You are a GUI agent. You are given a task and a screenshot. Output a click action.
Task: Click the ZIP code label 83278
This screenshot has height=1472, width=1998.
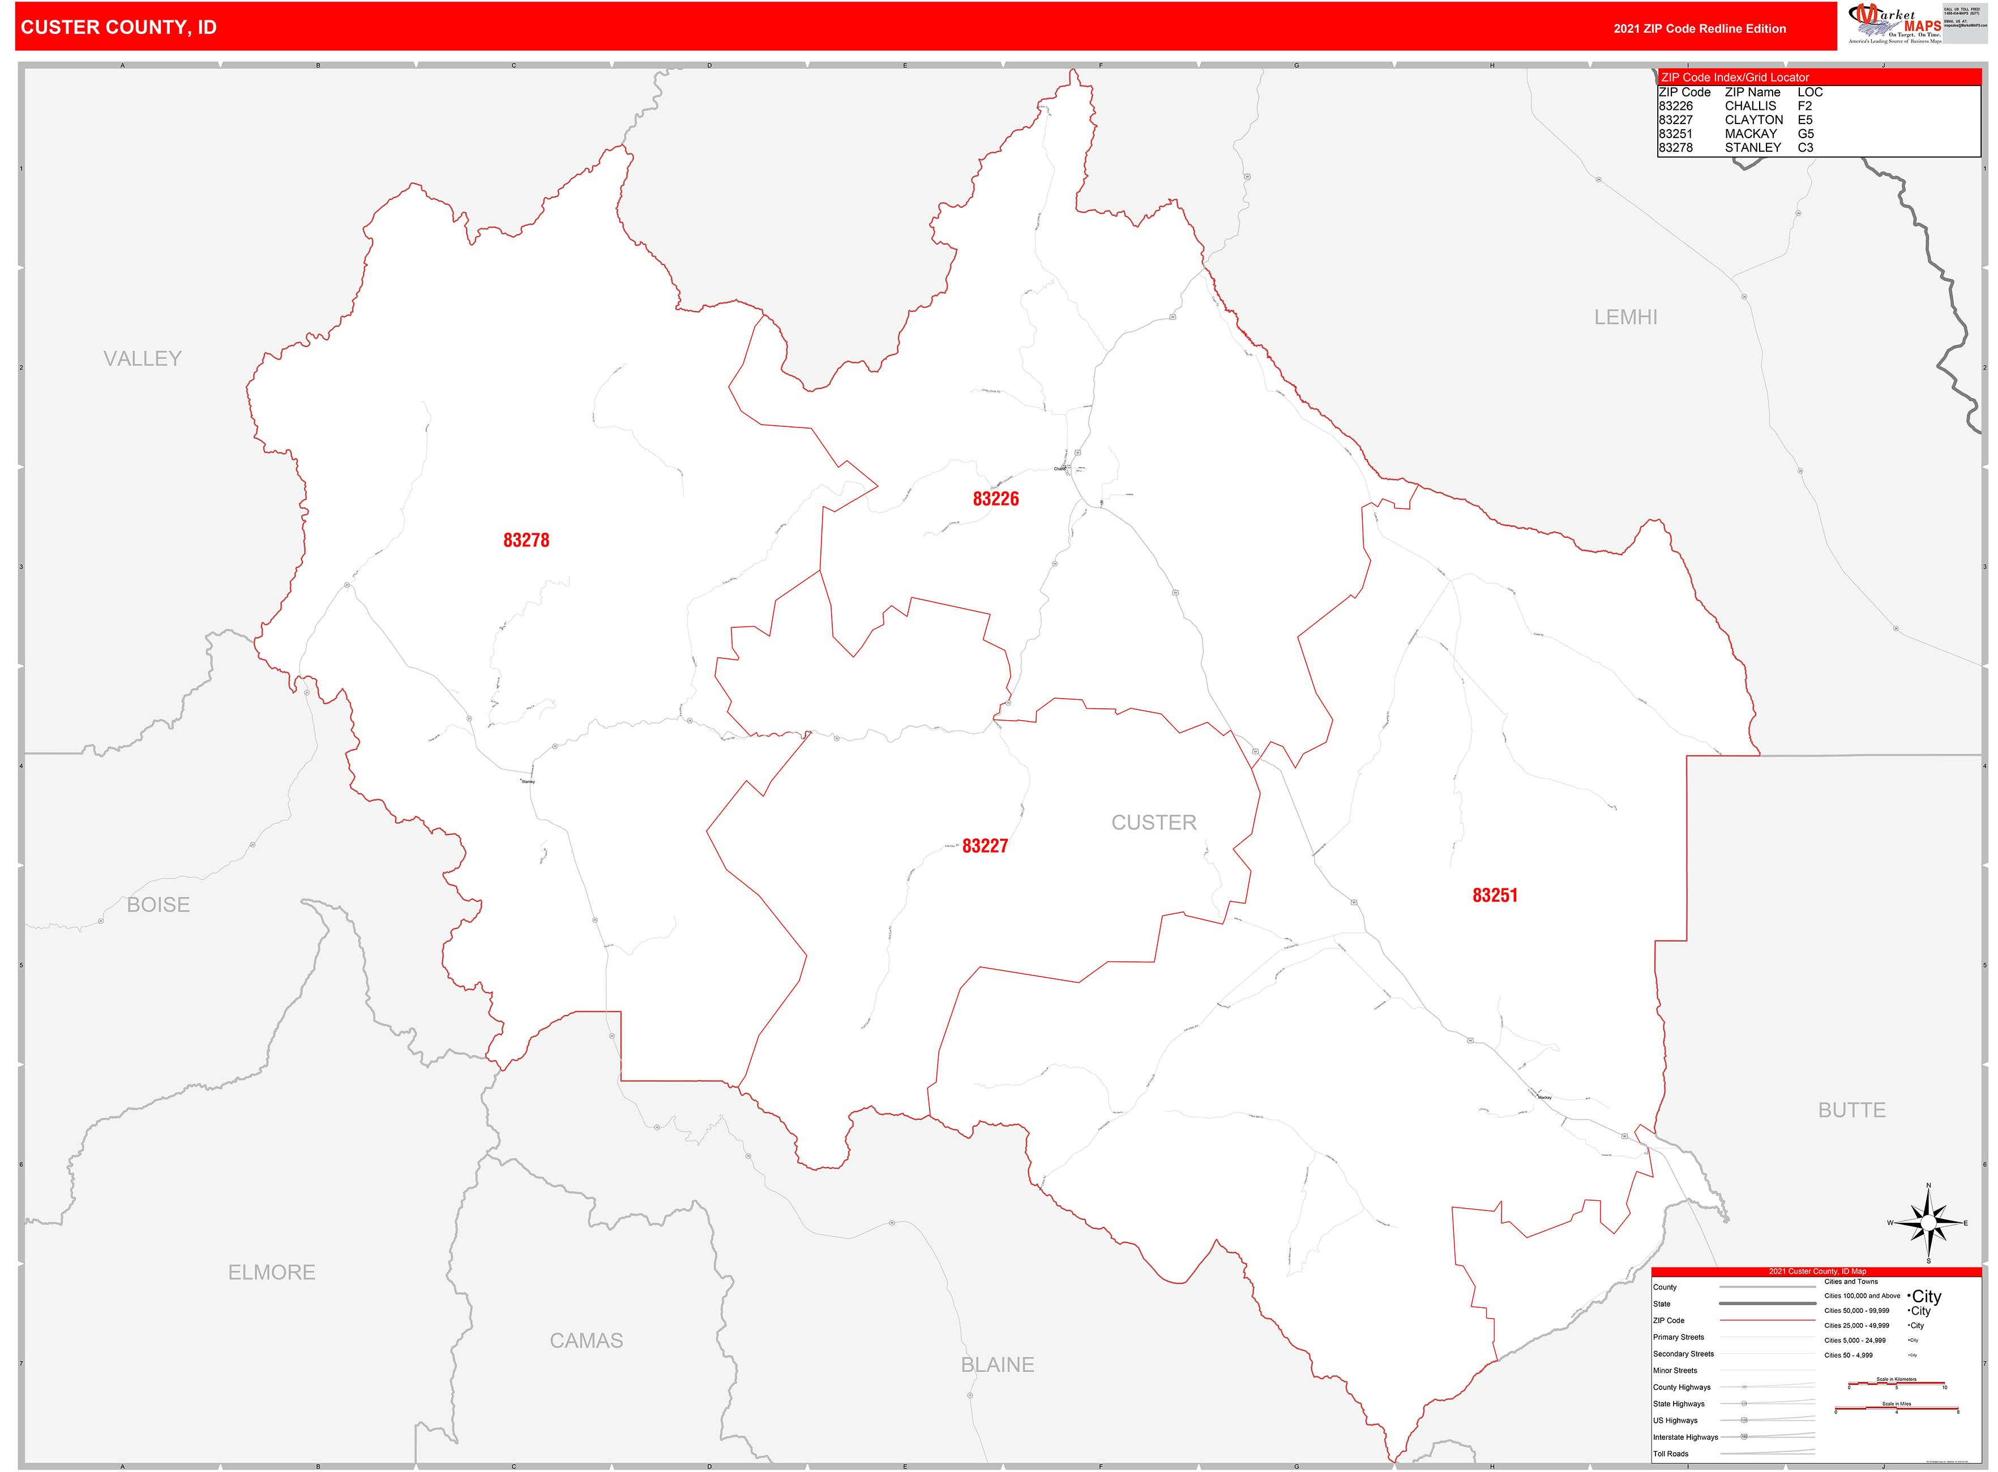[526, 540]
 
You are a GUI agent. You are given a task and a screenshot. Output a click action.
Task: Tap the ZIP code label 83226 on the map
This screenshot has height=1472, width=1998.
[995, 499]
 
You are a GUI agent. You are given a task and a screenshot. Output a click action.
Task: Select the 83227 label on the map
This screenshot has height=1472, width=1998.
[985, 846]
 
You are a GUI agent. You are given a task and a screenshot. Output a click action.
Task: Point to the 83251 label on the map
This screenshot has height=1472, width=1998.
[1495, 896]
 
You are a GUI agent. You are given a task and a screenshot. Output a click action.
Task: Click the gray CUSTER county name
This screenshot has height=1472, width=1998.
[1153, 823]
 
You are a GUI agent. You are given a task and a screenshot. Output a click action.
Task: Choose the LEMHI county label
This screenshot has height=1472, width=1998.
[1625, 317]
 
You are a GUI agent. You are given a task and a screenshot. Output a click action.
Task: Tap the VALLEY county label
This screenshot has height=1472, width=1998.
[143, 358]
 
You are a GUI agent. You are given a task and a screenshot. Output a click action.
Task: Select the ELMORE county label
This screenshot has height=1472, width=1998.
[272, 1272]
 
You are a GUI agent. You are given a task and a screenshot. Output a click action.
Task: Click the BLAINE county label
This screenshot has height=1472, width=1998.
[997, 1364]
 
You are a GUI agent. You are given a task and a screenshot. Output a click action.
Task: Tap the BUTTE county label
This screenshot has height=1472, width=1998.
[1852, 1110]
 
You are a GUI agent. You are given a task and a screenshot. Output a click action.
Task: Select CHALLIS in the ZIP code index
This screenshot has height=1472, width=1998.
[1750, 106]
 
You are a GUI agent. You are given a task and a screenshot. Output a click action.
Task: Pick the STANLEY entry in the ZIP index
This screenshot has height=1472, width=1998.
[1752, 148]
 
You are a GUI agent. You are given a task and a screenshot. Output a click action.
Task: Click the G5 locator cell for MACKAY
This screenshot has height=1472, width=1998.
[1806, 134]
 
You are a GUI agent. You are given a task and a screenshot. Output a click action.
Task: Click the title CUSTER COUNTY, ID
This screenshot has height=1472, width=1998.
[118, 28]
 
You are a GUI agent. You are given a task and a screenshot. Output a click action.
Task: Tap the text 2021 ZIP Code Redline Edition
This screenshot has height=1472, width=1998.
[1700, 28]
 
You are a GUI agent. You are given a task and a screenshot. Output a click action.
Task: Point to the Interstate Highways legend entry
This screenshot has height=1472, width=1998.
[1685, 1437]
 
